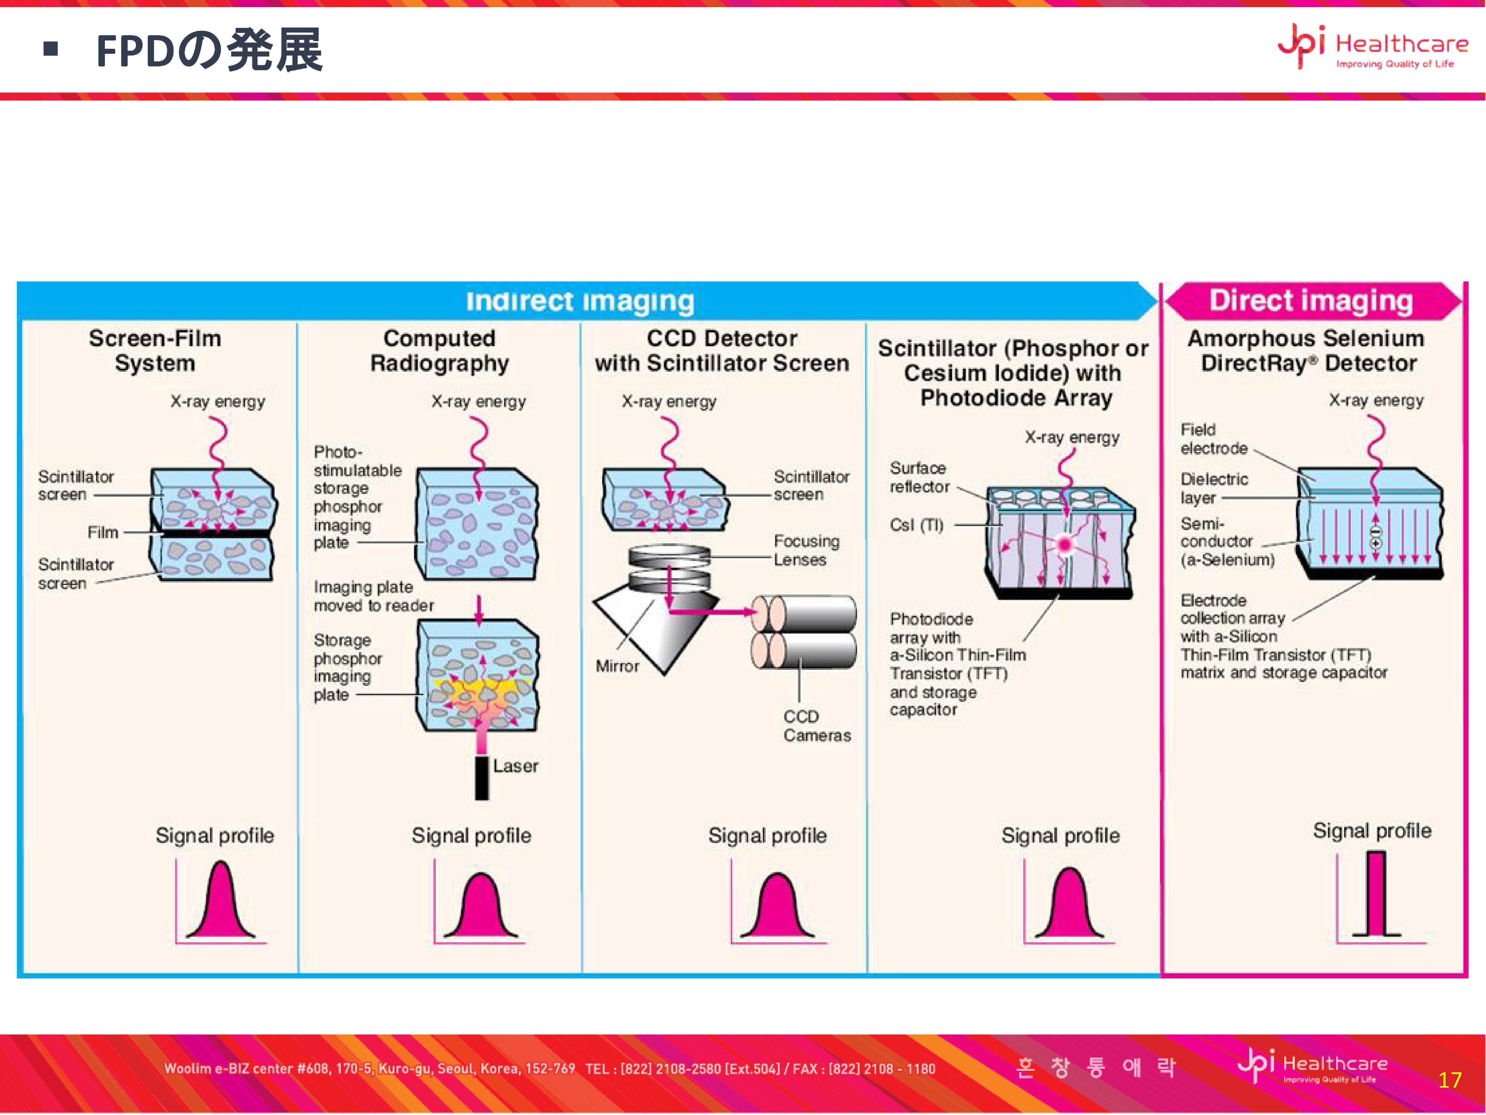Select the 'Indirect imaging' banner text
pyautogui.click(x=580, y=301)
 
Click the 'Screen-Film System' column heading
pyautogui.click(x=155, y=350)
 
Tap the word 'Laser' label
pyautogui.click(x=515, y=766)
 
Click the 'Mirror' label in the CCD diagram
pyautogui.click(x=617, y=666)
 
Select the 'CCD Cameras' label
pyautogui.click(x=816, y=726)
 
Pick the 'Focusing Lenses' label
pyautogui.click(x=806, y=550)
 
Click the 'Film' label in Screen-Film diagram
pyautogui.click(x=103, y=532)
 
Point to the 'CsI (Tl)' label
pyautogui.click(x=916, y=525)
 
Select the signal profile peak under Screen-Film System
pyautogui.click(x=220, y=904)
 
